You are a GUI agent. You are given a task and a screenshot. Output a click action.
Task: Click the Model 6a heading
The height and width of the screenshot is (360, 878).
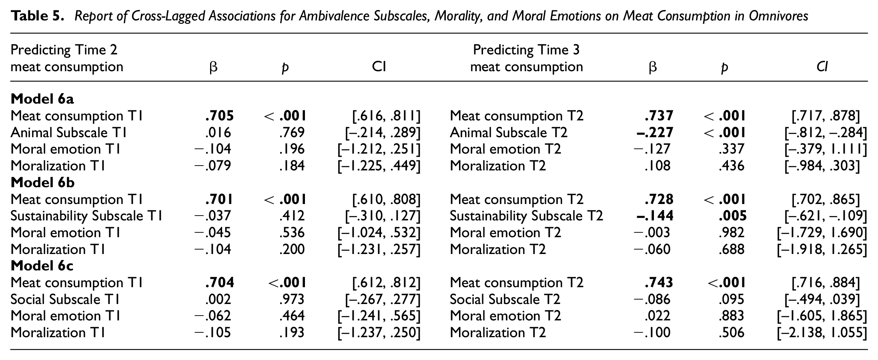click(x=42, y=99)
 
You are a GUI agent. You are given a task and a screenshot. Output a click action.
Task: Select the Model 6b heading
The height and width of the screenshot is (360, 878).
click(x=43, y=182)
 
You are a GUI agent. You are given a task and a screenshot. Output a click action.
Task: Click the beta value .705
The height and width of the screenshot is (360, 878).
click(x=219, y=116)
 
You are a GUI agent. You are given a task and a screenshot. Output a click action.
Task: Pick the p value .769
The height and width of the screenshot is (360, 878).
click(x=292, y=132)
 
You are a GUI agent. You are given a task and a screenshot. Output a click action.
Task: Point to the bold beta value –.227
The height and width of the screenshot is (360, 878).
click(x=655, y=132)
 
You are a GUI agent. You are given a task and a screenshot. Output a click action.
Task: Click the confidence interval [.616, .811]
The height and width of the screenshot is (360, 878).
click(x=386, y=116)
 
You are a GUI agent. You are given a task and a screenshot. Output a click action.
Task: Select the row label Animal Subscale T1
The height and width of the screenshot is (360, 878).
click(x=69, y=132)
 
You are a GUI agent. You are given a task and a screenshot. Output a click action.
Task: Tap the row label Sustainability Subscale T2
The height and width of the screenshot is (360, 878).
click(x=526, y=216)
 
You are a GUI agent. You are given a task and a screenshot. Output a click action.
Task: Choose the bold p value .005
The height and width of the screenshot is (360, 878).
click(x=732, y=216)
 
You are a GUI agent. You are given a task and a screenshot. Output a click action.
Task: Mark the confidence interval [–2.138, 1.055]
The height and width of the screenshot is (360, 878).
click(x=822, y=333)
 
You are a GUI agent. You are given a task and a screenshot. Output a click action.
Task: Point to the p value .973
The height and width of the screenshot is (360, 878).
click(x=292, y=299)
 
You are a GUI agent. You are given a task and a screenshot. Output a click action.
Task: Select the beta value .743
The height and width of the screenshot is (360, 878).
click(x=659, y=282)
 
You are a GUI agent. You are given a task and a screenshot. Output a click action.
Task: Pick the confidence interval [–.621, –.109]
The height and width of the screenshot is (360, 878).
click(x=826, y=216)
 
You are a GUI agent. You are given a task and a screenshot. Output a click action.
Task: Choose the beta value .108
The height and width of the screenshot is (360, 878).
click(x=657, y=166)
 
